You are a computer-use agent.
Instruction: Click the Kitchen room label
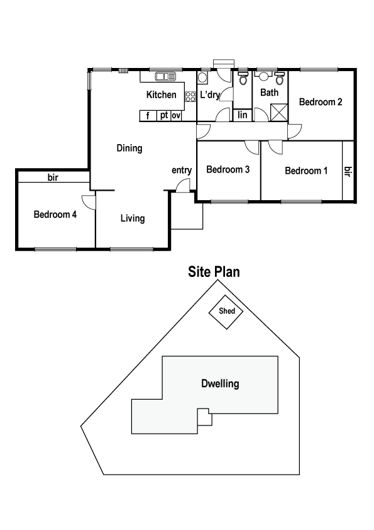click(162, 95)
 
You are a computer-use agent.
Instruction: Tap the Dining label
click(129, 149)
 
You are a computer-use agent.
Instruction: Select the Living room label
click(133, 218)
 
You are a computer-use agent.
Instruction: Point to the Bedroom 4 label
click(55, 215)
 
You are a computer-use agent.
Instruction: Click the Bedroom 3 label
click(228, 169)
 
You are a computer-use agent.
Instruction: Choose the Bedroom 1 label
click(306, 171)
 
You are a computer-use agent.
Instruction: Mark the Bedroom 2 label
click(320, 101)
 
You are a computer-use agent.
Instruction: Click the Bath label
click(270, 93)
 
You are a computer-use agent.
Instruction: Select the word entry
click(182, 170)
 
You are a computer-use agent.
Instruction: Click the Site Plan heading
click(214, 272)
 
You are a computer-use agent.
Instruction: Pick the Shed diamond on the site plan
click(227, 312)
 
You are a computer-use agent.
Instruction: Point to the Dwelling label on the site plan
click(220, 383)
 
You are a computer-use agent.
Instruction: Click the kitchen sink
click(166, 77)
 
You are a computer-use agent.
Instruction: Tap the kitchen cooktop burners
click(190, 96)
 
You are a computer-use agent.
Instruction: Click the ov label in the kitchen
click(176, 116)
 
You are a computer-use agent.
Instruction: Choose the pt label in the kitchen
click(163, 116)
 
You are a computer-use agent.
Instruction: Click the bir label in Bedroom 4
click(53, 178)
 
